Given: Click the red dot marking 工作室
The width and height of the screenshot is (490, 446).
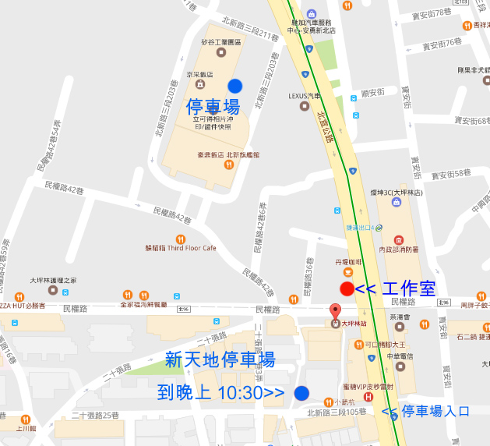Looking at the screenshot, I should [x=347, y=289].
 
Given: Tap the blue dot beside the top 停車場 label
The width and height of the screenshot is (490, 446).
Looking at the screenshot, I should [x=234, y=86].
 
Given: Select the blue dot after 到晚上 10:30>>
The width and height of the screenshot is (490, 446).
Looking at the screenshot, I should [x=301, y=393].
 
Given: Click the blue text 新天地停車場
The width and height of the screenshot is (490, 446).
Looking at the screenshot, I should [x=220, y=360].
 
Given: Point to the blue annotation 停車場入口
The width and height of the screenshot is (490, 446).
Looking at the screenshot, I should [x=428, y=412].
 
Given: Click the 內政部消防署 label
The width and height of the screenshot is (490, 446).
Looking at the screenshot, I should [x=398, y=249].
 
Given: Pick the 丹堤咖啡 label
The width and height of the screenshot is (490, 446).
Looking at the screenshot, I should [x=347, y=262].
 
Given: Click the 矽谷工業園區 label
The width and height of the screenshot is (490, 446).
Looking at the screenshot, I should [x=221, y=41].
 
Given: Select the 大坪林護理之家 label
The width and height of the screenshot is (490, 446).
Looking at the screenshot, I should [x=52, y=279].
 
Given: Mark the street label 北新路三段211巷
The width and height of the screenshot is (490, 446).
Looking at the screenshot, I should [x=249, y=34].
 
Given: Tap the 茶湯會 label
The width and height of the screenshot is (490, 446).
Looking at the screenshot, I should [x=398, y=319].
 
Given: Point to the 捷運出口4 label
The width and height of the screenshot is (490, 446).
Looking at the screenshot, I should [x=361, y=228].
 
